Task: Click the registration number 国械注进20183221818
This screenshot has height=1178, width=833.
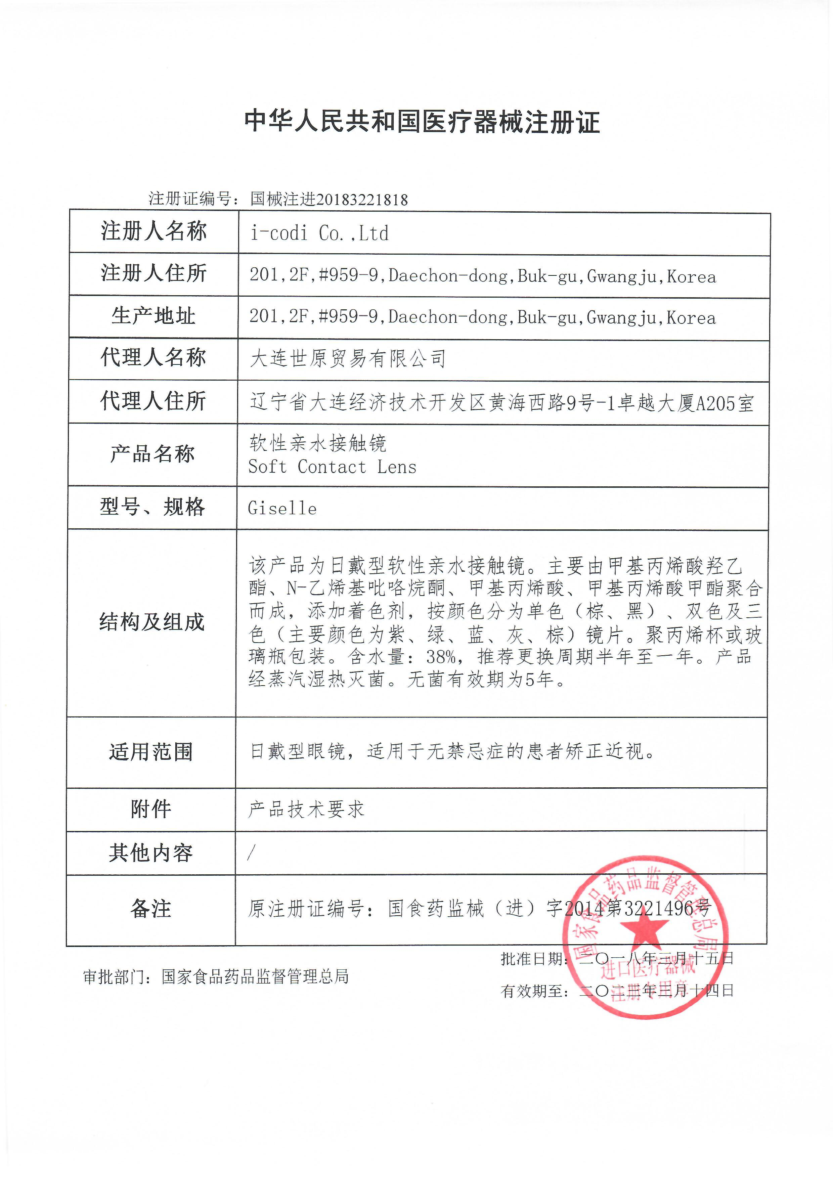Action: (x=329, y=199)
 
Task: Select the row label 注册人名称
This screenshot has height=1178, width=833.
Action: (x=154, y=231)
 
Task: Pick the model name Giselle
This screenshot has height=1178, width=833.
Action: (x=282, y=509)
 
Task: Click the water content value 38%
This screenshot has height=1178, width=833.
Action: (x=442, y=657)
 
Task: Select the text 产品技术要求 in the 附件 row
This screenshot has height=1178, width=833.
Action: (x=306, y=810)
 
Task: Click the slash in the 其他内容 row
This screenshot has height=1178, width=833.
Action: (x=251, y=853)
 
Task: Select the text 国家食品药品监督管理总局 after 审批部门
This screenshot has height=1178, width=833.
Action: (x=255, y=976)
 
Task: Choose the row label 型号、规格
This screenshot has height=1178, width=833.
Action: (x=152, y=508)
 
